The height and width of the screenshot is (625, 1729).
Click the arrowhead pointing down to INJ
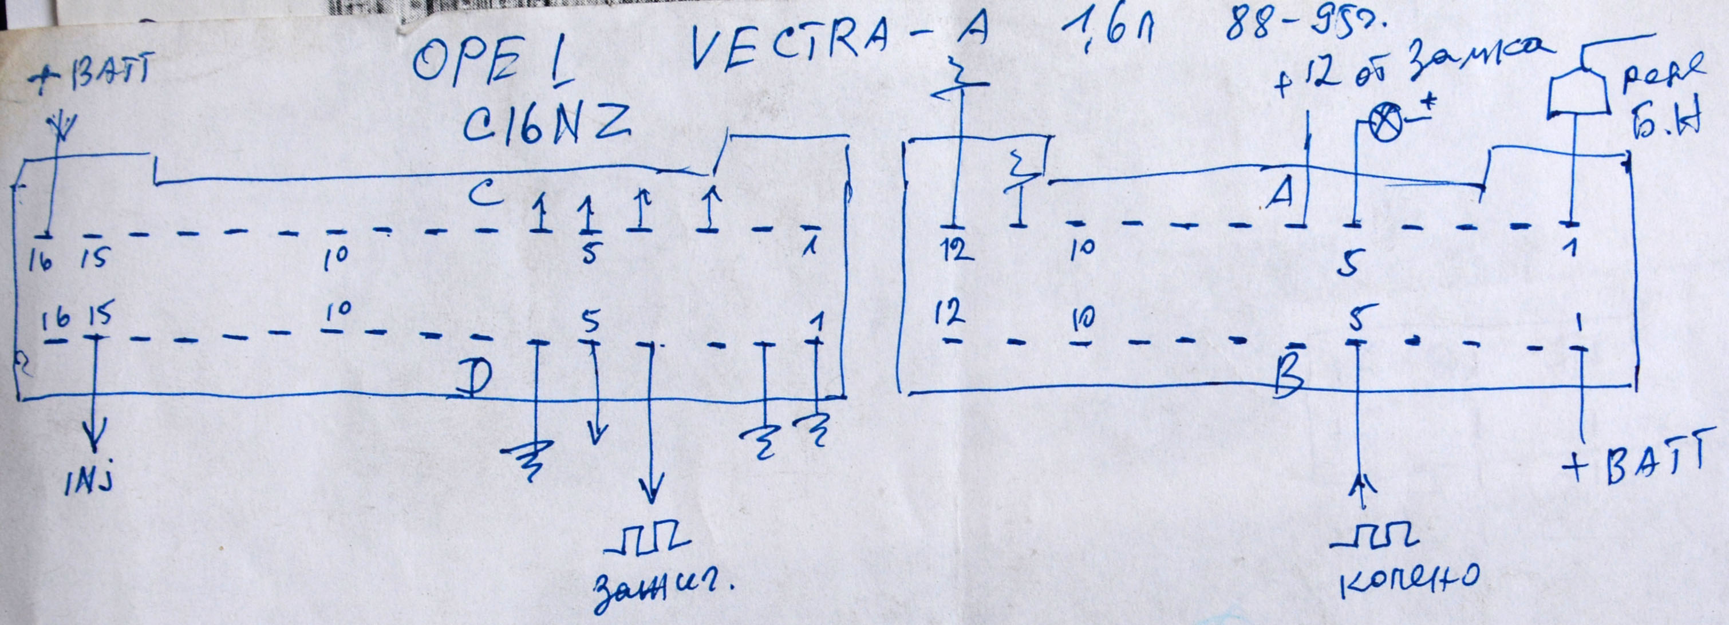(94, 440)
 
